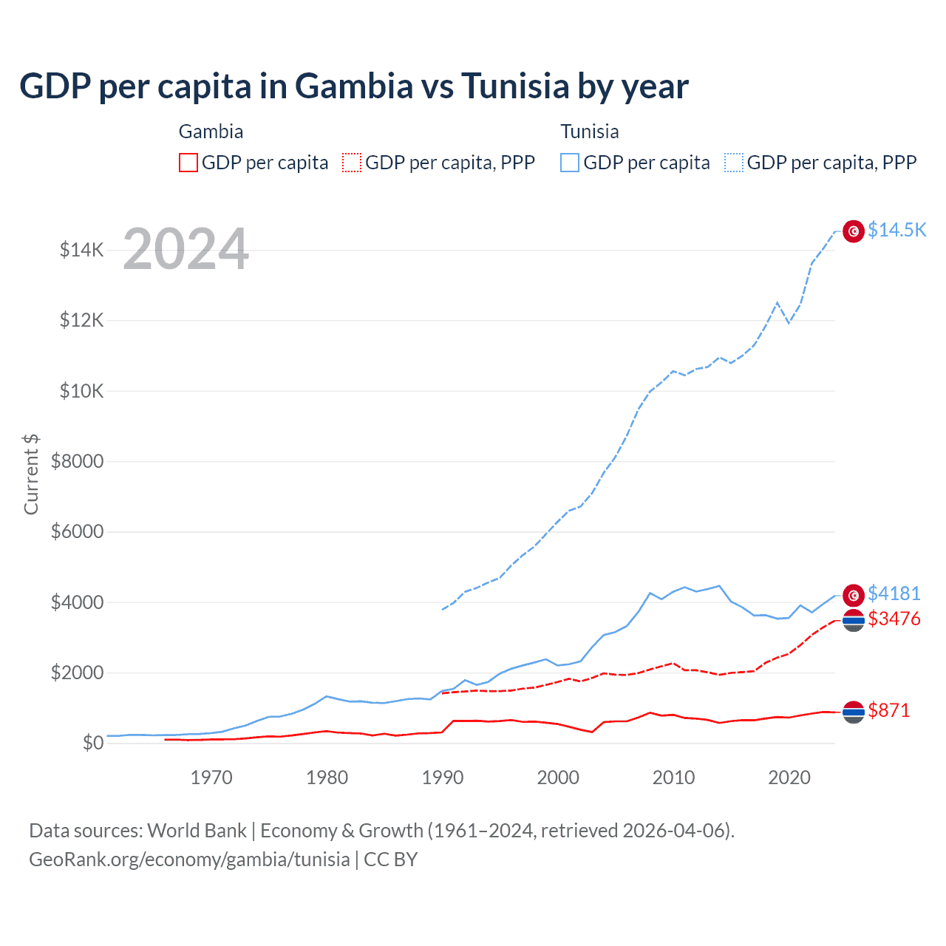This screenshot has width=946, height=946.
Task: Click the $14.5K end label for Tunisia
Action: [896, 230]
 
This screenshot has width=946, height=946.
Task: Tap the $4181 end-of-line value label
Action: [894, 593]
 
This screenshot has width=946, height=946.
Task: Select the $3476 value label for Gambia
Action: [894, 619]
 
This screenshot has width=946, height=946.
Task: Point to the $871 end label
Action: [888, 710]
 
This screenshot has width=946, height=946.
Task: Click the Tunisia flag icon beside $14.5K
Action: [854, 231]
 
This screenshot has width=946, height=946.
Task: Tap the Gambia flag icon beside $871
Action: [854, 712]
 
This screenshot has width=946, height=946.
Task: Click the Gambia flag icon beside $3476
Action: [854, 621]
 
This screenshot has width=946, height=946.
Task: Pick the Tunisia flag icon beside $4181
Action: [854, 595]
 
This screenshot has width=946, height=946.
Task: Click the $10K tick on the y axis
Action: [81, 391]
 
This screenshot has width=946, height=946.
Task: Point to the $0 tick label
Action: [92, 743]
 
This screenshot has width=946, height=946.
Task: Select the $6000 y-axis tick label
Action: [77, 532]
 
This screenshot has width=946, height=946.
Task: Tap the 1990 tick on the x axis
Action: [443, 777]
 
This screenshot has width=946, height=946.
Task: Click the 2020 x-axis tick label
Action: [789, 777]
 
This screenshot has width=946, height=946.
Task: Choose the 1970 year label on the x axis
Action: [211, 777]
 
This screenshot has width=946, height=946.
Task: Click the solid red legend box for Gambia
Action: [188, 163]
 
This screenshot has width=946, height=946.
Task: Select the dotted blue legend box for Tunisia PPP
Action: [734, 163]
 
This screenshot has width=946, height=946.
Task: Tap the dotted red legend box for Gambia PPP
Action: [352, 163]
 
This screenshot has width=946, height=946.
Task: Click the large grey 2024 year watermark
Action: [186, 249]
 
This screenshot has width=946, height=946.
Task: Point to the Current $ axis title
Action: [31, 474]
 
